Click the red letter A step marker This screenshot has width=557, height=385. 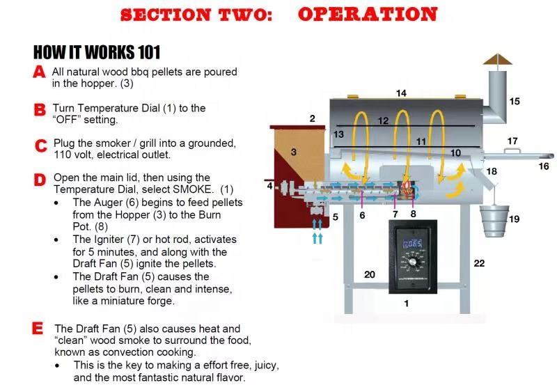pyautogui.click(x=40, y=72)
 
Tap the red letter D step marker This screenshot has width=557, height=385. pyautogui.click(x=40, y=180)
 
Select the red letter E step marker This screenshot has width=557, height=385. pyautogui.click(x=38, y=329)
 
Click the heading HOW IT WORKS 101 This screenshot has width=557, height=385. pyautogui.click(x=97, y=52)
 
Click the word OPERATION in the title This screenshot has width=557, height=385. pyautogui.click(x=368, y=14)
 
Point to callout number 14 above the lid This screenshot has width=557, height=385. pyautogui.click(x=401, y=93)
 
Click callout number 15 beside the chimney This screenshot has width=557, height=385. pyautogui.click(x=515, y=102)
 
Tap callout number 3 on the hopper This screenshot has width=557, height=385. pyautogui.click(x=294, y=152)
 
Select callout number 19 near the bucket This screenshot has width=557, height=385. pyautogui.click(x=514, y=219)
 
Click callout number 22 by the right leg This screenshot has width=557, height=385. pyautogui.click(x=479, y=263)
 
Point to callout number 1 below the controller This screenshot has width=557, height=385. pyautogui.click(x=407, y=304)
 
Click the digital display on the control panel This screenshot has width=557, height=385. pyautogui.click(x=414, y=243)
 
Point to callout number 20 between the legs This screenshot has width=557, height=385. pyautogui.click(x=370, y=275)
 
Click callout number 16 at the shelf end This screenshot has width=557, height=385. pyautogui.click(x=544, y=166)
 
